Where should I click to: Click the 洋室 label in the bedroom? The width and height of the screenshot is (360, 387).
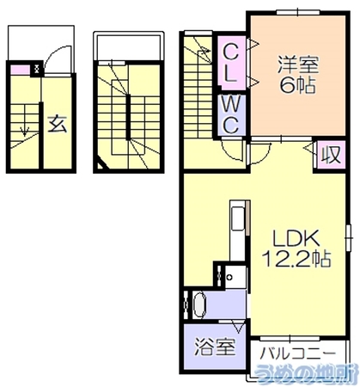pyautogui.click(x=297, y=65)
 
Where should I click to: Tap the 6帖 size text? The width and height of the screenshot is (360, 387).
pyautogui.click(x=297, y=85)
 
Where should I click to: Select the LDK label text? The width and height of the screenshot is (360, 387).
pyautogui.click(x=296, y=238)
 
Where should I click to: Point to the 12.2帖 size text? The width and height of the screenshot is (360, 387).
pyautogui.click(x=296, y=258)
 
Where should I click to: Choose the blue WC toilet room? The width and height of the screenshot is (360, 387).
pyautogui.click(x=231, y=115)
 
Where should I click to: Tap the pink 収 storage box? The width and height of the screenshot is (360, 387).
pyautogui.click(x=332, y=155)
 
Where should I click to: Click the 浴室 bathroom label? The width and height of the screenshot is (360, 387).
pyautogui.click(x=215, y=347)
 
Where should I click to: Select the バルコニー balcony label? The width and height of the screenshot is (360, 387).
pyautogui.click(x=297, y=353)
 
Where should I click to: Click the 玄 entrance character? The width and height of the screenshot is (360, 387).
pyautogui.click(x=58, y=124)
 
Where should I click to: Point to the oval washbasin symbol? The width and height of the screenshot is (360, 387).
pyautogui.click(x=199, y=305)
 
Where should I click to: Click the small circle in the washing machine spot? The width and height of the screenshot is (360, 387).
pyautogui.click(x=229, y=277)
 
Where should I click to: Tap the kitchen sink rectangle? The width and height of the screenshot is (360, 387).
pyautogui.click(x=238, y=218)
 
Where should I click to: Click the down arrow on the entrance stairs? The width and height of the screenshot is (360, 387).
pyautogui.click(x=25, y=131)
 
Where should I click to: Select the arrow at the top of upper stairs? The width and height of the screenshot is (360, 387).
pyautogui.click(x=204, y=51)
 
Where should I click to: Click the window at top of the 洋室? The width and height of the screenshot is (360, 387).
pyautogui.click(x=298, y=12)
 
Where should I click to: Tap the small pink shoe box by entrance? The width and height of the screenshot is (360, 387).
pyautogui.click(x=21, y=70)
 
